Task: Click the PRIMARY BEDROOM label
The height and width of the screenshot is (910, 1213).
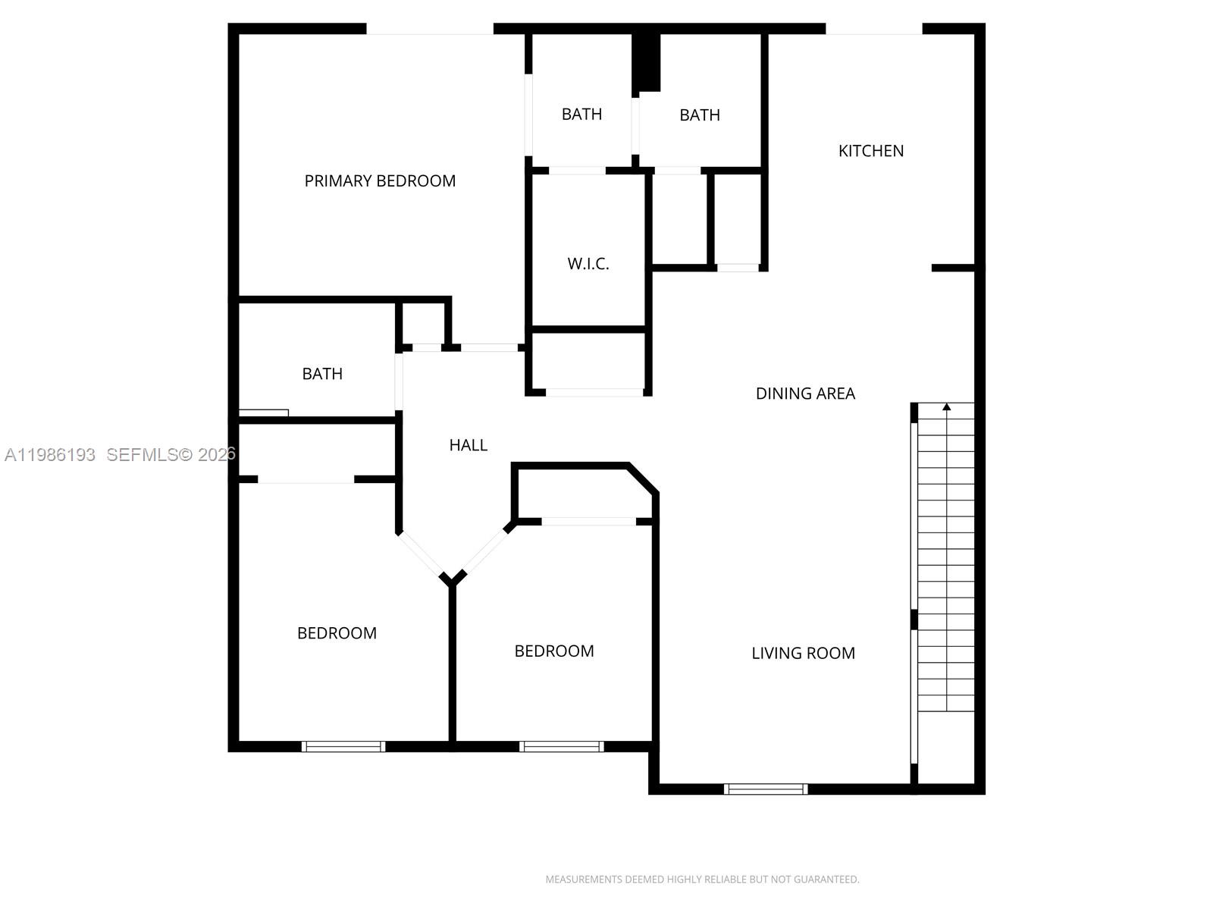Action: (380, 180)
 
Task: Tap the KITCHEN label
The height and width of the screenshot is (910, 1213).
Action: (871, 151)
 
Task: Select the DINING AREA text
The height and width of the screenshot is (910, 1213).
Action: (805, 394)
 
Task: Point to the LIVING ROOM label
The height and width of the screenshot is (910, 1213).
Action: (803, 653)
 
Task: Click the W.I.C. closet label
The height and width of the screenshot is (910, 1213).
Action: (588, 264)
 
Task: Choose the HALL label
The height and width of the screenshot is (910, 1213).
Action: (468, 445)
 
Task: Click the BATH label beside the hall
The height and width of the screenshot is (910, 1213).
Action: (322, 374)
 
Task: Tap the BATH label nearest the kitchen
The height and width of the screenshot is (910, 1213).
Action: (699, 115)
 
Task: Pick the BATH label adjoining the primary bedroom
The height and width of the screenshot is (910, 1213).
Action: (581, 115)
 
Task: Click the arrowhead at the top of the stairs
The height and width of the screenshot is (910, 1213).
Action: (946, 407)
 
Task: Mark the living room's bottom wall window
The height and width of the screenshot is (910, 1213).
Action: (766, 789)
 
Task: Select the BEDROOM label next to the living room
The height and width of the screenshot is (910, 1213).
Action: (554, 651)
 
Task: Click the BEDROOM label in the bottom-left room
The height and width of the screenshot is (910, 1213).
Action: (337, 633)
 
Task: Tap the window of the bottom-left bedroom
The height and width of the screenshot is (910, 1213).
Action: (343, 747)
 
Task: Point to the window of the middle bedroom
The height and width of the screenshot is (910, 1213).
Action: (562, 747)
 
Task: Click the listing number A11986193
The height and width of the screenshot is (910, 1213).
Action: (50, 455)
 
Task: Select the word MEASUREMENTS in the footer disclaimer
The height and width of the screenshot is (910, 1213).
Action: (583, 880)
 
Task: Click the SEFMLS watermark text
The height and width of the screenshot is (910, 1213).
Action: (141, 455)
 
